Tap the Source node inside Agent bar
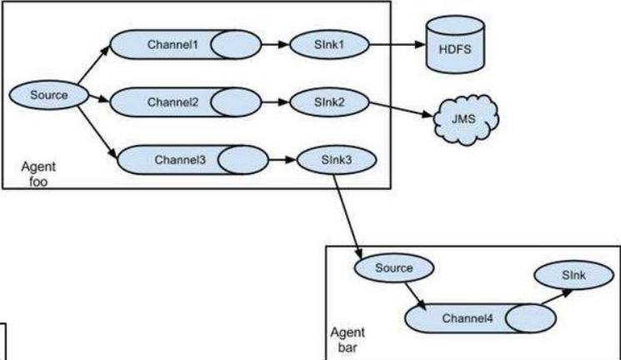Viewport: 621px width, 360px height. (393, 267)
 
